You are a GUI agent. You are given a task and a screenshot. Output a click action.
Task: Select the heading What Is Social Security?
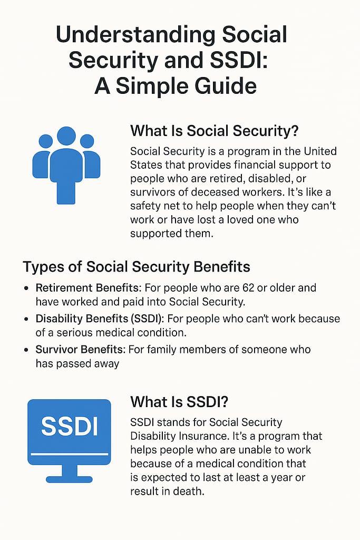coord(214,131)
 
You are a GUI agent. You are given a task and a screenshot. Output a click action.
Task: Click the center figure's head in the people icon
coord(66,136)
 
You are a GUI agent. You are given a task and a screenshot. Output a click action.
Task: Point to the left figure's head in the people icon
coord(46,141)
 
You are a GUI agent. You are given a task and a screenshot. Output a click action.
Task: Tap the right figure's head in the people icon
coord(87,141)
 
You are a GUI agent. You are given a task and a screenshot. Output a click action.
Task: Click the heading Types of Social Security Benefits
coord(137,267)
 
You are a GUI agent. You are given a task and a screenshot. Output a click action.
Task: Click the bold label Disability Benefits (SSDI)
coord(100,319)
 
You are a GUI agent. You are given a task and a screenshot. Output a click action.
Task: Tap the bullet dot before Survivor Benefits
coord(26,350)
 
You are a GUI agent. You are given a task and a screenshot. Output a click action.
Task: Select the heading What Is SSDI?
coord(179,402)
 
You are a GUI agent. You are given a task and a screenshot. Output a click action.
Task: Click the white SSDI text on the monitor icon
coord(69,426)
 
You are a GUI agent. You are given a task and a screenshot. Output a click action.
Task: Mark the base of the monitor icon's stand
coord(69,479)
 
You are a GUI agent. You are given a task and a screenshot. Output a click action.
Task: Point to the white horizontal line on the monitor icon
coord(69,454)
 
